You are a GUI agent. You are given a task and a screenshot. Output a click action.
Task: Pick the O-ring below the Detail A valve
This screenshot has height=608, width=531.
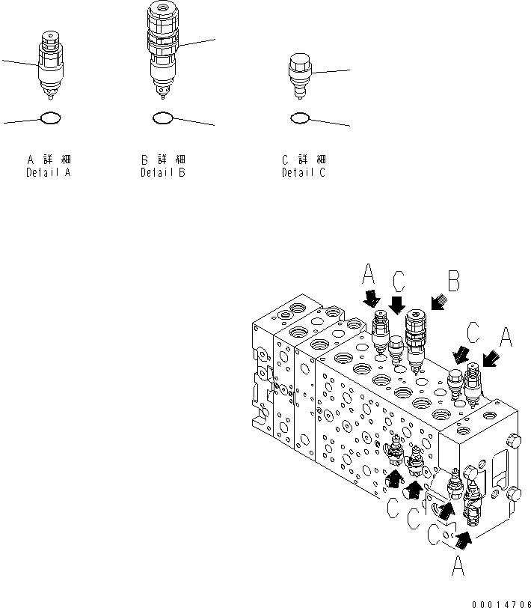pyautogui.click(x=50, y=118)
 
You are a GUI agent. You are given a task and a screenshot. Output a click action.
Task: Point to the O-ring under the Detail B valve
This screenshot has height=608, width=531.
pyautogui.click(x=163, y=118)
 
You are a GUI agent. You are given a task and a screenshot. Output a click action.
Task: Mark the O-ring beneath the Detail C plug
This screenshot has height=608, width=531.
pyautogui.click(x=300, y=118)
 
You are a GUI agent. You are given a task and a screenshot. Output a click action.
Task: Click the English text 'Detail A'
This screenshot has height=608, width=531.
pyautogui.click(x=49, y=173)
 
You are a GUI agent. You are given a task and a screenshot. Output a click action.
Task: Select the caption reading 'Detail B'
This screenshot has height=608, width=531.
pyautogui.click(x=163, y=173)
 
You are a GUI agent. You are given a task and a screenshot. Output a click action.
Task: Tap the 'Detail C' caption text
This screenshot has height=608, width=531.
pyautogui.click(x=303, y=173)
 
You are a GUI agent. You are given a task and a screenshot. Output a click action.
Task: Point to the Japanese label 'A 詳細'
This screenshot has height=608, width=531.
pyautogui.click(x=49, y=160)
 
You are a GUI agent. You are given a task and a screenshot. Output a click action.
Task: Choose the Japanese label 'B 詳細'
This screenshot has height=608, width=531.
pyautogui.click(x=163, y=160)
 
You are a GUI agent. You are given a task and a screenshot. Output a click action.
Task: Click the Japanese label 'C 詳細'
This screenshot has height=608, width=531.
pyautogui.click(x=303, y=160)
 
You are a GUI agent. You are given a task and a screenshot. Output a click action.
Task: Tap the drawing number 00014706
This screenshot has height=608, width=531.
pyautogui.click(x=501, y=601)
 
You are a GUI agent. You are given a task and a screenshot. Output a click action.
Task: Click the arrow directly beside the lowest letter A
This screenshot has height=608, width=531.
pyautogui.click(x=464, y=536)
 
